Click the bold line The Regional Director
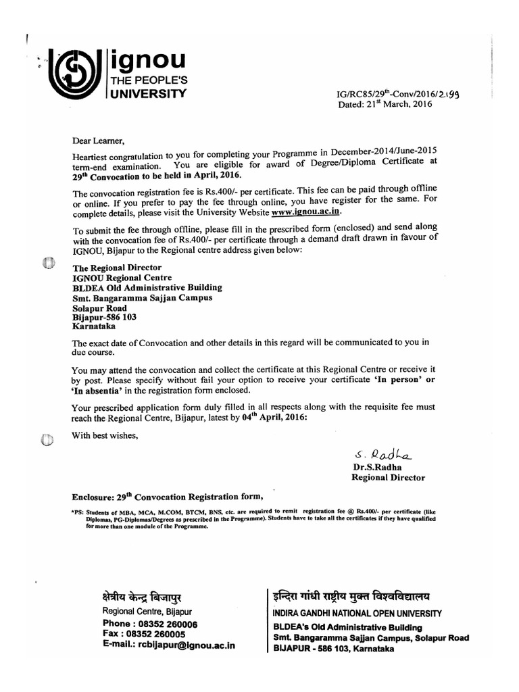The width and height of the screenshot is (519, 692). point(112,268)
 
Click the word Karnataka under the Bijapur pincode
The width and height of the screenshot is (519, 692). point(95,325)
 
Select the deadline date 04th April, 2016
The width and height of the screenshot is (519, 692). point(274,418)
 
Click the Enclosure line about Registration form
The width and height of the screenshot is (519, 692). point(161,497)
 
